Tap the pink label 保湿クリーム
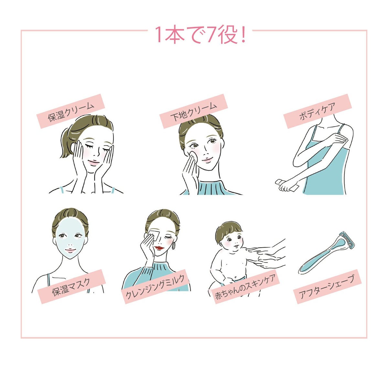coord(71,111)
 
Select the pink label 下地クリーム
coord(193,111)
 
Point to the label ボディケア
coord(318,111)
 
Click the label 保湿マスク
coord(71,286)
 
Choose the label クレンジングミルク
coord(156,286)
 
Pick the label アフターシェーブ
coord(328,286)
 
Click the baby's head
coord(230,238)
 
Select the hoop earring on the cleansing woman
coord(174,246)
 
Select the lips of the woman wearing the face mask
coord(70,250)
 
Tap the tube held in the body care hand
coord(287,185)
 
